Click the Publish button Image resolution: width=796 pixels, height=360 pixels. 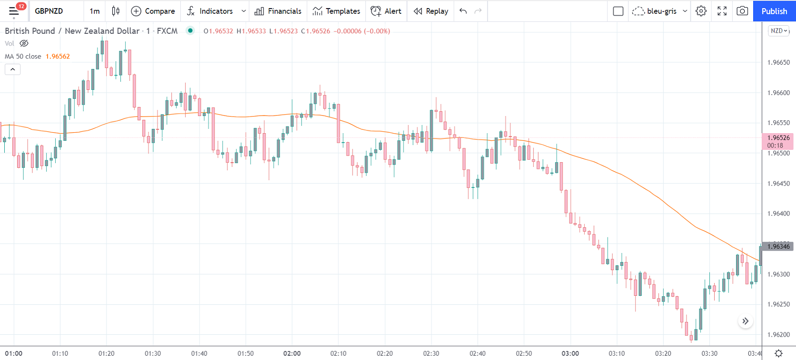(774, 11)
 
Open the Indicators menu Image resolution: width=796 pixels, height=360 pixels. (210, 11)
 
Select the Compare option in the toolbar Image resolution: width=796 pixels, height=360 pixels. (153, 11)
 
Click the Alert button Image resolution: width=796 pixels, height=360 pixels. (386, 11)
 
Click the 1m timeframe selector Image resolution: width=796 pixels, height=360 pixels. (95, 11)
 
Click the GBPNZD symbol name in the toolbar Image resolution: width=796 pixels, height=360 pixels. (49, 11)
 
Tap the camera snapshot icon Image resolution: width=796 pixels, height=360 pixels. (742, 11)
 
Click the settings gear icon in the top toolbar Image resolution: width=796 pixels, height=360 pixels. (701, 11)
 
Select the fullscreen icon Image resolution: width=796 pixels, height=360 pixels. (722, 11)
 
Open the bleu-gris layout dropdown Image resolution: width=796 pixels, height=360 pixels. (660, 11)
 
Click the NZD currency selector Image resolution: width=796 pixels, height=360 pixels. (779, 31)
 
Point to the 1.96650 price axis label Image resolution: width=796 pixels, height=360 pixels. (778, 62)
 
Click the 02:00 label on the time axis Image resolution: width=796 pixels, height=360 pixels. (292, 353)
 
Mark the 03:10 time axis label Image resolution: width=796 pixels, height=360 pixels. (617, 353)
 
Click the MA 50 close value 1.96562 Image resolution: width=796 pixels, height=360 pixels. (58, 56)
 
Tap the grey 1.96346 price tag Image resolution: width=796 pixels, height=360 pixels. (778, 246)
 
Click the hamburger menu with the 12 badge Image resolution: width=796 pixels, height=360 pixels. (14, 11)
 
